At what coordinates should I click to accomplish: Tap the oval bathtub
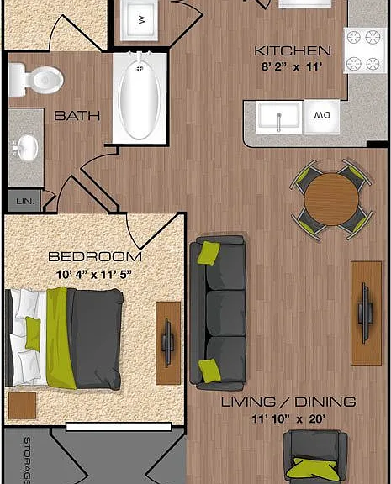(x=140, y=99)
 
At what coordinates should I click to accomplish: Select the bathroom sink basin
(x=28, y=148)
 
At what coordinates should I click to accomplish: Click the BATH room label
(x=77, y=116)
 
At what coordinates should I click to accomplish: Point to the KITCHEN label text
(x=292, y=51)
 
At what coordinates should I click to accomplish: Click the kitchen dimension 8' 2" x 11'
(x=292, y=66)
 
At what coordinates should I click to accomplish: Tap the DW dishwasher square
(x=322, y=117)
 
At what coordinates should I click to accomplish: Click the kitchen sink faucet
(x=279, y=122)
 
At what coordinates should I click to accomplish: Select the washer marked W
(x=139, y=20)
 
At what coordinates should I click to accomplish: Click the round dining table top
(x=331, y=199)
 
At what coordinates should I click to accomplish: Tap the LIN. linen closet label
(x=25, y=202)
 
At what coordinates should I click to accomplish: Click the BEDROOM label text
(x=95, y=257)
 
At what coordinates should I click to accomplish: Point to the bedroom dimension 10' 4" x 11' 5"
(x=94, y=275)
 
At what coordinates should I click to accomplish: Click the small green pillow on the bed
(x=33, y=334)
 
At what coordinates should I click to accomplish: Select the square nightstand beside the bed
(x=22, y=406)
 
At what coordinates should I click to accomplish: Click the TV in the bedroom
(x=167, y=343)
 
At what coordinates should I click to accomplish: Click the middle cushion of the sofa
(x=225, y=313)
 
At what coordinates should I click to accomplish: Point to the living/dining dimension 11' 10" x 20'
(x=288, y=419)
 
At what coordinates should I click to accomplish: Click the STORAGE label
(x=27, y=460)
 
